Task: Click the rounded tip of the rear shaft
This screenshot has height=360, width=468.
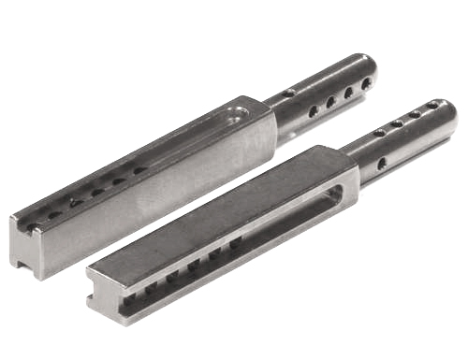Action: (372, 73)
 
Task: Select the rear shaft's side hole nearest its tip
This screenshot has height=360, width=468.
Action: (366, 83)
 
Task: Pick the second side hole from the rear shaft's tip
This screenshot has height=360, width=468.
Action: (348, 93)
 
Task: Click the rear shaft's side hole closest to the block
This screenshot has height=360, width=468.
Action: (314, 110)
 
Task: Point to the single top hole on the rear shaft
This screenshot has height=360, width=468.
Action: (289, 94)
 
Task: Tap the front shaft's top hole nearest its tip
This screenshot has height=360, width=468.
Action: (432, 105)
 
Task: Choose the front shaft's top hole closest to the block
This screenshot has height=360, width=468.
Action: (379, 132)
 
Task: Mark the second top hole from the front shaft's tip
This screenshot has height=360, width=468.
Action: (415, 114)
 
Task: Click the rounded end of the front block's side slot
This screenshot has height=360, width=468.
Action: (332, 196)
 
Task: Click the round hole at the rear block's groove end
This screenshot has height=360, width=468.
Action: (241, 115)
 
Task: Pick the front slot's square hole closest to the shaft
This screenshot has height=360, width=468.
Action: (235, 240)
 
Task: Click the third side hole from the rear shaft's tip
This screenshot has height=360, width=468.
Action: (330, 101)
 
